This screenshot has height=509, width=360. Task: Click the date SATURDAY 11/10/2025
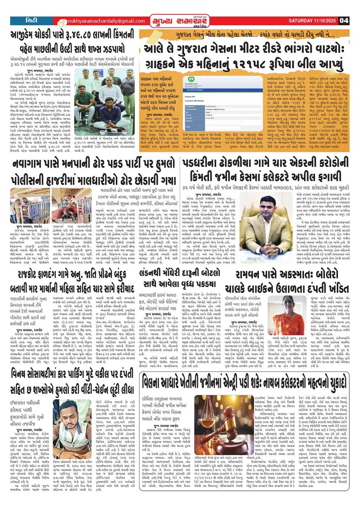pos(312,21)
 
